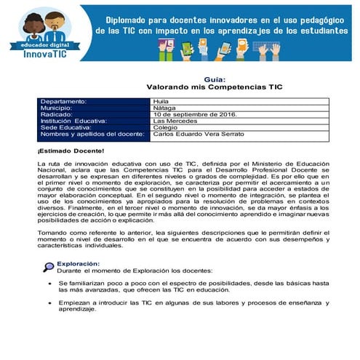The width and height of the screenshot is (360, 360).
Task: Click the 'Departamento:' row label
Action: tap(64, 101)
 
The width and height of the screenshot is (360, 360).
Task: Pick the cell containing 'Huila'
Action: tap(162, 101)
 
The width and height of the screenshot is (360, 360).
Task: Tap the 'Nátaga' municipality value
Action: tap(166, 108)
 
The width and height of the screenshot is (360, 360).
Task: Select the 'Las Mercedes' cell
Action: tap(175, 121)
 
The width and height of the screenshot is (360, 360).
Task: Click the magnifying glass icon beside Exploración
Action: tap(48, 266)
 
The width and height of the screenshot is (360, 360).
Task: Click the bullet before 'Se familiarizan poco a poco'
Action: tap(49, 282)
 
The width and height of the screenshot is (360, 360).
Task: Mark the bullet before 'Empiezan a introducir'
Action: tap(49, 302)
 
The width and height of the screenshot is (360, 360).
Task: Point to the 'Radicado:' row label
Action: tap(58, 114)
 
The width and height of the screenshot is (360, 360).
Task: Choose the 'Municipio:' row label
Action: tap(58, 108)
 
